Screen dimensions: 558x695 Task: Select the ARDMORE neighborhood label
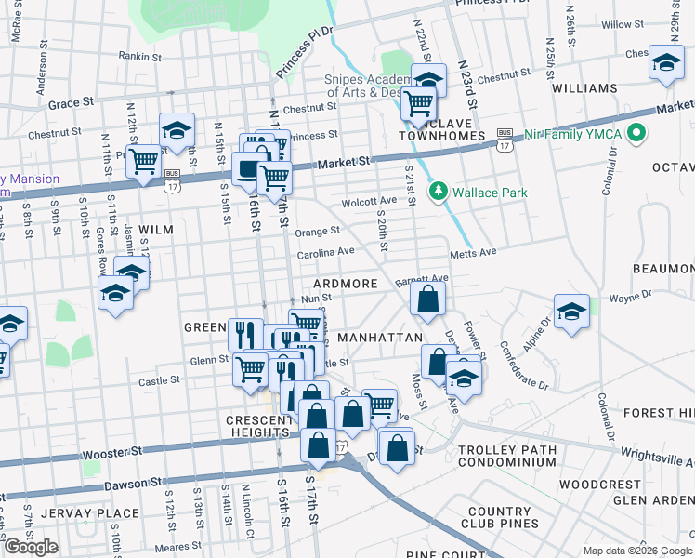tap(346, 284)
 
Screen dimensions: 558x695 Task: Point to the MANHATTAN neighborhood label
tap(380, 337)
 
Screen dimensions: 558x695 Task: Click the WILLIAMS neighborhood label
tap(584, 88)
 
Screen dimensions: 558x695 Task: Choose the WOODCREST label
tap(600, 485)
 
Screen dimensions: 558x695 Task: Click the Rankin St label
tap(140, 56)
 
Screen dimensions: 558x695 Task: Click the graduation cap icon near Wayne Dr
tap(571, 311)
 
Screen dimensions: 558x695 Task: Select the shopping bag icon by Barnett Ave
tap(426, 299)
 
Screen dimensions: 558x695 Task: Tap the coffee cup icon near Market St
tap(248, 168)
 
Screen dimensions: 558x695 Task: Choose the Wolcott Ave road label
tap(369, 201)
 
